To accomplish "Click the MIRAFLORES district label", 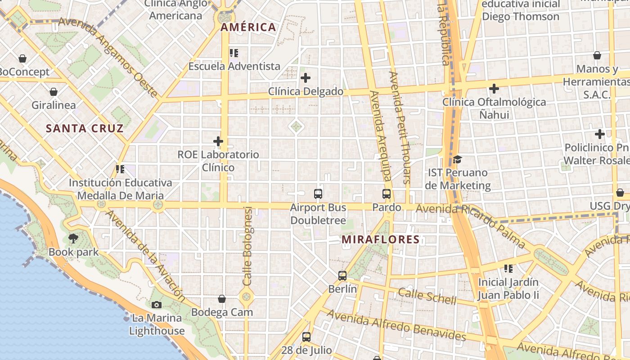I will [x=380, y=239].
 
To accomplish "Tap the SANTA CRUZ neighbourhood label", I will [x=85, y=129].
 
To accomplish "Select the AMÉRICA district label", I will [x=248, y=27].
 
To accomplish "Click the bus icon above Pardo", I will [x=387, y=194].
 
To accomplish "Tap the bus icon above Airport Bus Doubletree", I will [x=318, y=194].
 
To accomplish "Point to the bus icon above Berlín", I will [x=342, y=276].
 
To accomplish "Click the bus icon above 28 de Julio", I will [x=306, y=337].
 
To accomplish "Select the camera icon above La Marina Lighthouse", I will [x=156, y=305].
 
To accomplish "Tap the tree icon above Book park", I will [x=73, y=238].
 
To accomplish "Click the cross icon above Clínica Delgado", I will [x=306, y=78].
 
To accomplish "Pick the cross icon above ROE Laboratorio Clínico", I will [x=218, y=141].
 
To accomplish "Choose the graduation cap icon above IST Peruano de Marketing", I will [x=457, y=159].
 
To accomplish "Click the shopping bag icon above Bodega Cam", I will [x=222, y=299].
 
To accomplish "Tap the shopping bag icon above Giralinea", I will [x=54, y=92].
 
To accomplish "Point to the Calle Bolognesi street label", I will [x=247, y=246].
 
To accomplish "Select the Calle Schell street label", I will [x=427, y=296].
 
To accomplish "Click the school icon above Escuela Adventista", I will [x=234, y=53].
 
